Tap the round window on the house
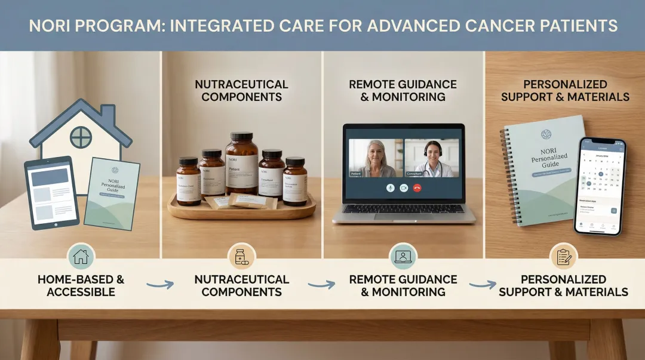tap(81, 137)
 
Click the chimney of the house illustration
tap(107, 113)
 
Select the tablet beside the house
tap(51, 193)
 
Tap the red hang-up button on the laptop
tap(417, 187)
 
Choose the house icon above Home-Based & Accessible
tap(81, 257)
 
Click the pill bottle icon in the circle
tap(242, 257)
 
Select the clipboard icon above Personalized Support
tap(563, 257)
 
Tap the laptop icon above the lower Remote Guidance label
tap(403, 257)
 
